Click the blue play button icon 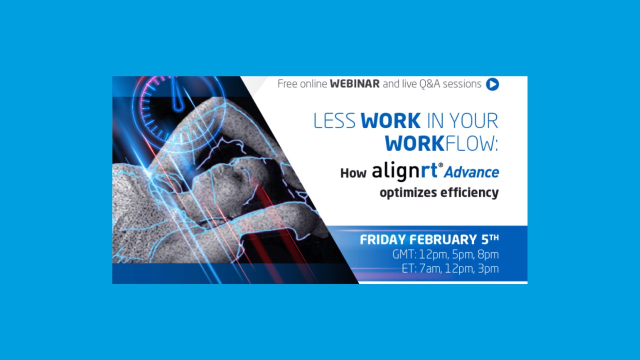click(x=492, y=84)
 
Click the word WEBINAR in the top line click(x=354, y=84)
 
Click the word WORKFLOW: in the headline click(x=441, y=144)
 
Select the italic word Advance click(x=471, y=172)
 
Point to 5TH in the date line click(x=488, y=239)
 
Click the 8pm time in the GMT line click(x=488, y=254)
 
